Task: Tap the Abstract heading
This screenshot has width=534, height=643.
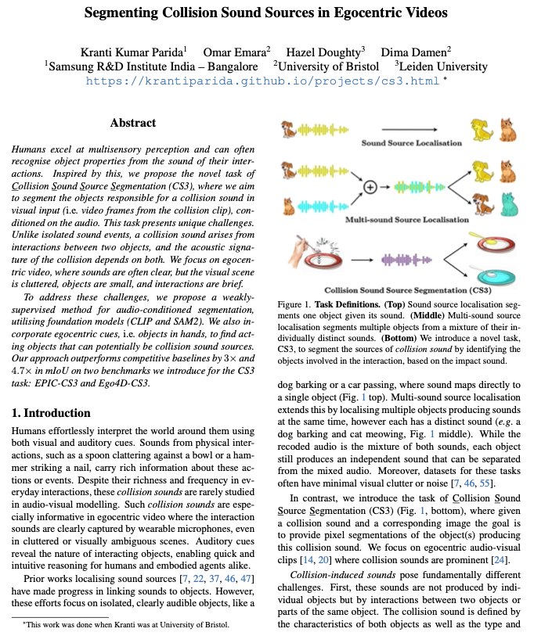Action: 133,123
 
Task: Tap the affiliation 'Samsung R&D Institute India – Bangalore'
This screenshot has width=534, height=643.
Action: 153,66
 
